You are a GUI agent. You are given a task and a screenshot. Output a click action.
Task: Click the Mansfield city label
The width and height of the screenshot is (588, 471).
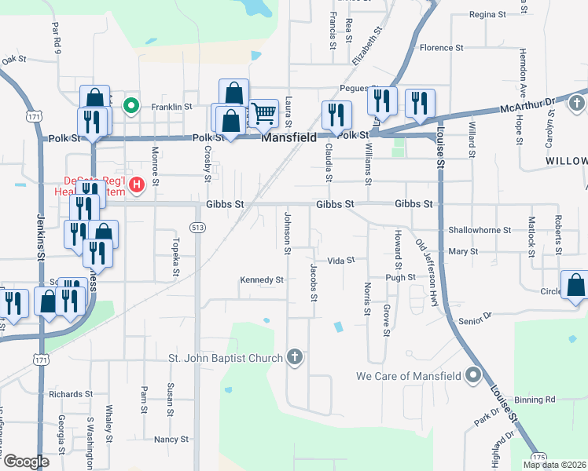(288, 137)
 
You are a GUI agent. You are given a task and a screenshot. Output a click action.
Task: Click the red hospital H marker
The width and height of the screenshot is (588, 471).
(137, 185)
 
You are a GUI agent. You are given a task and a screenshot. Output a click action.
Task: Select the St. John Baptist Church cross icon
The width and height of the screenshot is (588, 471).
(295, 358)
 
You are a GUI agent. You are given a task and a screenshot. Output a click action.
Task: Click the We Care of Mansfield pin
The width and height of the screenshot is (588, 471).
(472, 375)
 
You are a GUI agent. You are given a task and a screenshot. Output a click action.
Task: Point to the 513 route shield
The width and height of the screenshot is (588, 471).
(197, 228)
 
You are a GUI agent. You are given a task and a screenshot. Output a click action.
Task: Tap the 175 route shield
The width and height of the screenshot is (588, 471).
(538, 455)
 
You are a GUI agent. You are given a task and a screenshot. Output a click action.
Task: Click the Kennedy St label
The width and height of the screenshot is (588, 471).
(262, 279)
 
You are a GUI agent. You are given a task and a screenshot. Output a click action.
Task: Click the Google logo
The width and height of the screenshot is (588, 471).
(26, 462)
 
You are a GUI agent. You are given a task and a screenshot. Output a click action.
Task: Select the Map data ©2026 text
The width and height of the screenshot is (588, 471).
(554, 465)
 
